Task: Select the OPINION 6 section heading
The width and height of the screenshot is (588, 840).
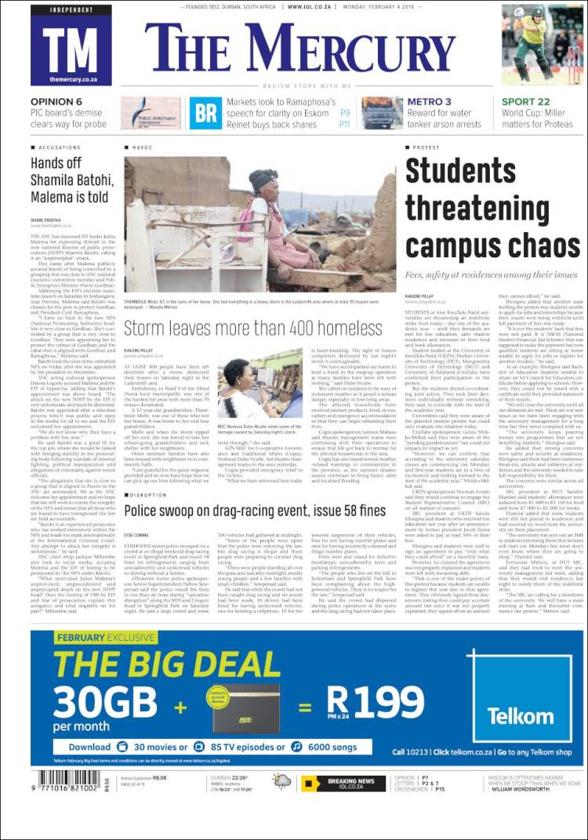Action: [x=56, y=102]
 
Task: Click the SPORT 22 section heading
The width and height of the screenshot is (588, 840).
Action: [x=526, y=102]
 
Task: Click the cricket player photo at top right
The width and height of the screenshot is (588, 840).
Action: [x=543, y=45]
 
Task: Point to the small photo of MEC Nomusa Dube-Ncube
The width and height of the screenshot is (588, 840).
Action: [x=260, y=383]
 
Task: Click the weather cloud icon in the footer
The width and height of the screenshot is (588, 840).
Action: [x=280, y=780]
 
